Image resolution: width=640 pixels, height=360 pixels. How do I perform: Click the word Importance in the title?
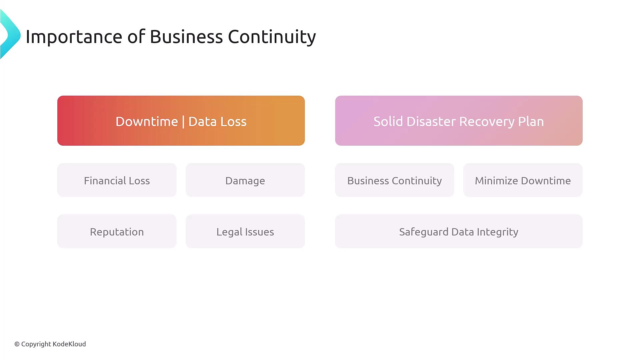[74, 37]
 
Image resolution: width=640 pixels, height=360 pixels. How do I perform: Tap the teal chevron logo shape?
[10, 34]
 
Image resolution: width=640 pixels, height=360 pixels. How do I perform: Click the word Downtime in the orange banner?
[147, 121]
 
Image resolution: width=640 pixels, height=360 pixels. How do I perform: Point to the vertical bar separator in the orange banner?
[183, 122]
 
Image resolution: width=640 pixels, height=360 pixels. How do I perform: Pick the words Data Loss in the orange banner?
[217, 121]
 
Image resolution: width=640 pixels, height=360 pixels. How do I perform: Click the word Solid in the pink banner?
[388, 121]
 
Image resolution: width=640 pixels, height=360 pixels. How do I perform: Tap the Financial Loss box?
[117, 180]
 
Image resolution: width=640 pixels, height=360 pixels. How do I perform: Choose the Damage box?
[245, 180]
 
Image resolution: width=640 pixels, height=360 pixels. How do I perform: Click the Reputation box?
[117, 231]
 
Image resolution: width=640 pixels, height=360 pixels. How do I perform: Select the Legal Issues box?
[245, 231]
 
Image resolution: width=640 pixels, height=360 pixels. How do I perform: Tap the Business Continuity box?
[395, 180]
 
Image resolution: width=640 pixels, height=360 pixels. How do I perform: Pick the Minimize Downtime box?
[523, 180]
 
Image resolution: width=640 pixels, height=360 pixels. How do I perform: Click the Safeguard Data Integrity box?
[459, 231]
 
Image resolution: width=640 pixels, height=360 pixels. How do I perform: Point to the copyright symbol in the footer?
[17, 344]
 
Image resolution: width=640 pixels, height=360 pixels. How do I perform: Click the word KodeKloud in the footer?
[69, 344]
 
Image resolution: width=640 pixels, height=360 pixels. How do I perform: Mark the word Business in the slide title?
[186, 37]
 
